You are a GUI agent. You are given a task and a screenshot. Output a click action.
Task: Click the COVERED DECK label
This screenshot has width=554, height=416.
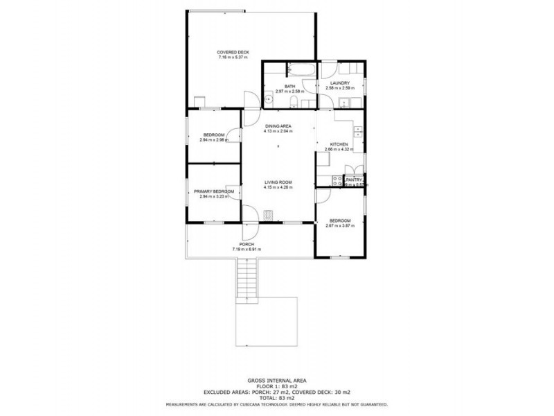(233, 53)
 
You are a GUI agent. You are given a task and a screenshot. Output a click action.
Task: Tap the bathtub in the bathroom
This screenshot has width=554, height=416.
(301, 70)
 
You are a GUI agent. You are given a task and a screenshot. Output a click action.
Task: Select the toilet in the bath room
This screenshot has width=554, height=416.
(295, 103)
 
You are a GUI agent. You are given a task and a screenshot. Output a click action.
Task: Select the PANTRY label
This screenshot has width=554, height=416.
(355, 179)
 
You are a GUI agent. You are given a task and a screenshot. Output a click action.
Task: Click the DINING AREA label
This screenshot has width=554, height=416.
(278, 125)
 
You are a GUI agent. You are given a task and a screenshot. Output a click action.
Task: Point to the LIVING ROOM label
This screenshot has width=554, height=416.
(278, 182)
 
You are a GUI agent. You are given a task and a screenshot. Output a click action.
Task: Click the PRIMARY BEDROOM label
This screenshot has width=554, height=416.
(213, 191)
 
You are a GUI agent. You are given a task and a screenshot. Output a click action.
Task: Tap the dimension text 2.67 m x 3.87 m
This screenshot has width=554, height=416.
(340, 225)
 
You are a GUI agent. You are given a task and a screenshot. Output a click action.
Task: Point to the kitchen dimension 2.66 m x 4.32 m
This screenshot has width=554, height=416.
(339, 149)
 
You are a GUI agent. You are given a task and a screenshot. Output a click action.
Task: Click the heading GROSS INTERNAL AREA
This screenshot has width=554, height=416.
(276, 380)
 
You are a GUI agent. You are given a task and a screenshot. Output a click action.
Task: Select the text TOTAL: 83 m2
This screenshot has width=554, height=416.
(276, 397)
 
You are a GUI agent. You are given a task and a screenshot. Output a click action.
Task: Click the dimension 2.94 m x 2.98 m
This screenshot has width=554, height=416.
(213, 139)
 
